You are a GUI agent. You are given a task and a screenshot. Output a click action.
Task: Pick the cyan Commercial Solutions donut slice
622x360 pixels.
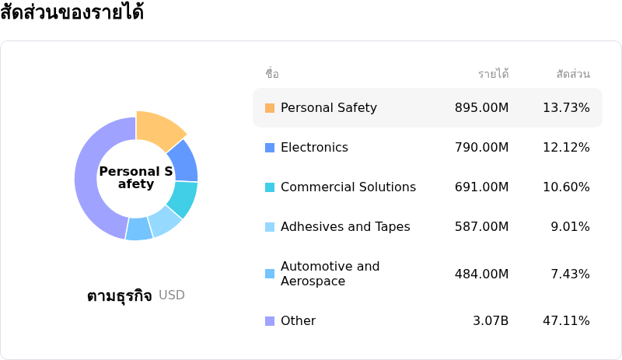[x=183, y=198]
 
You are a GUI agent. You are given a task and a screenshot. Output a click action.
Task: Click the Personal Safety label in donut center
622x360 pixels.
[x=136, y=178]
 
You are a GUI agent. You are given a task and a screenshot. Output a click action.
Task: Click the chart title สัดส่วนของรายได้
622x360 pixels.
[x=72, y=13]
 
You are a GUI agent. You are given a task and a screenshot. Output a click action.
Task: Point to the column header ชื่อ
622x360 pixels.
[x=272, y=74]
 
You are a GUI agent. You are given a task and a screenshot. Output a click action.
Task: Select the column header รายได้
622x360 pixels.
[x=493, y=74]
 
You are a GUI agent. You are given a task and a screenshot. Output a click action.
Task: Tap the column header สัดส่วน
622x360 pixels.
[x=573, y=74]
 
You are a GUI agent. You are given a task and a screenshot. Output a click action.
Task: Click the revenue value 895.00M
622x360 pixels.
[x=481, y=108]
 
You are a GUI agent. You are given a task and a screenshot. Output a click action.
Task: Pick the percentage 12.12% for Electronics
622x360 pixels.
[x=566, y=148]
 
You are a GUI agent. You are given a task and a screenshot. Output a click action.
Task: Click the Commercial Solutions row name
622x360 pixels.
[x=348, y=187]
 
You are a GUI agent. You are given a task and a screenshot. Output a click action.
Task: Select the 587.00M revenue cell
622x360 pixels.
[x=481, y=227]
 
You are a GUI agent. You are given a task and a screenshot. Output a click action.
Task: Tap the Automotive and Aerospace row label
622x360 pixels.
[x=330, y=274]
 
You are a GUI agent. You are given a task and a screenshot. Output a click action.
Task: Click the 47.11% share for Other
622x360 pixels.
[x=566, y=321]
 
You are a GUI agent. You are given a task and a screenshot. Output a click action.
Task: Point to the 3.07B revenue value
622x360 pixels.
[x=491, y=321]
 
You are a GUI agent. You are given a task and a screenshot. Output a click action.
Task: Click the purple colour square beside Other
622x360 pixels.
[x=270, y=321]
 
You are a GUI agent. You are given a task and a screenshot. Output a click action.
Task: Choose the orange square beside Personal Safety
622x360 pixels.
[x=270, y=108]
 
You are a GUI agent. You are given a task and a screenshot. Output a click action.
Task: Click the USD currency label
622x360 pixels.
[x=172, y=295]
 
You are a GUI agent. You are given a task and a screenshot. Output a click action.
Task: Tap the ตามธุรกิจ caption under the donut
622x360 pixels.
[x=119, y=295]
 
